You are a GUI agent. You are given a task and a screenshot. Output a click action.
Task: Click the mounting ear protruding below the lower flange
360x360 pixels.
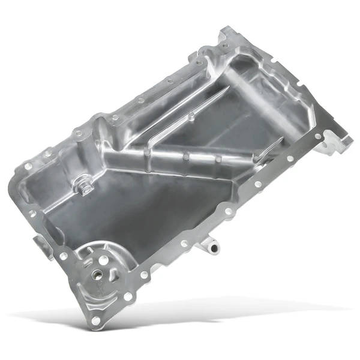click(210, 244)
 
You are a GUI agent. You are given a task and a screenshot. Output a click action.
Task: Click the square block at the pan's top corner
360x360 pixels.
click(228, 38)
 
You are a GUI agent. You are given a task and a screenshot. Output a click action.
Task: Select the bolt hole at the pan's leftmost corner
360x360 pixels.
click(28, 164)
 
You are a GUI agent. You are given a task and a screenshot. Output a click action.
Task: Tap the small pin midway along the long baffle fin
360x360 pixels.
click(190, 115)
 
